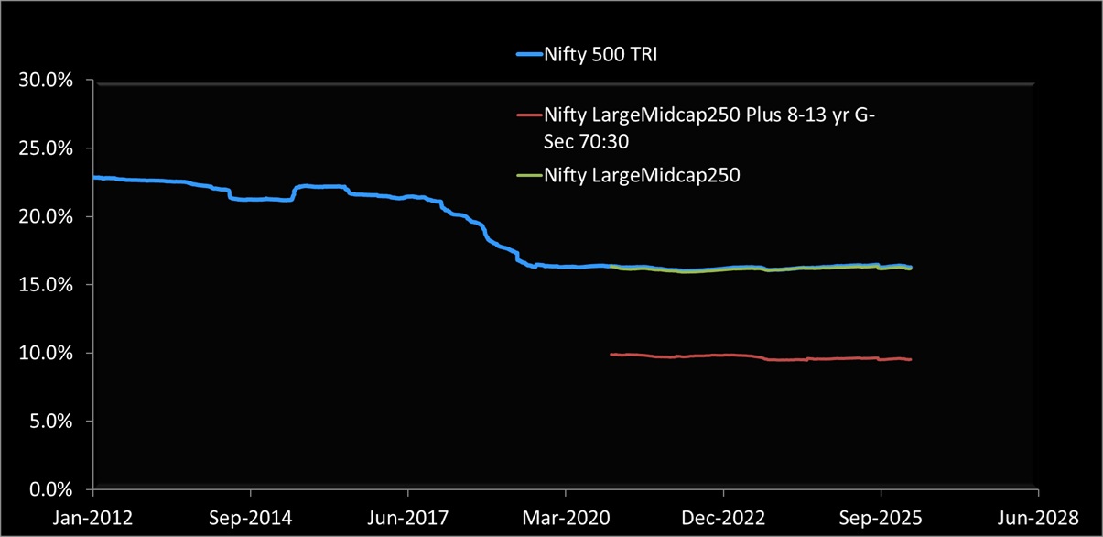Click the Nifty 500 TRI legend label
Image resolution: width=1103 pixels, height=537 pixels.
[x=600, y=55]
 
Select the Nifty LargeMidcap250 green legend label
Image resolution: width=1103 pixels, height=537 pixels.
[x=642, y=175]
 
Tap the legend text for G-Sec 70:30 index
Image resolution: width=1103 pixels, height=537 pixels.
[x=709, y=127]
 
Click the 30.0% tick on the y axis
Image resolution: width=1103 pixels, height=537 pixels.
[x=46, y=81]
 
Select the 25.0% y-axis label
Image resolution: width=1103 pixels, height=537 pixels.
[x=46, y=148]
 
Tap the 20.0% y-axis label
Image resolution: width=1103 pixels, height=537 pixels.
[x=46, y=217]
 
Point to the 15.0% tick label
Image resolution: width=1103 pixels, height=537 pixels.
[x=46, y=285]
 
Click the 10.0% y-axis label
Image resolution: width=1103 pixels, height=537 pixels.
[x=46, y=354]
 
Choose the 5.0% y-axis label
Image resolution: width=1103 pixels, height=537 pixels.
[x=49, y=422]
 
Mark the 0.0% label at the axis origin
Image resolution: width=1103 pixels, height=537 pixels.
[x=49, y=489]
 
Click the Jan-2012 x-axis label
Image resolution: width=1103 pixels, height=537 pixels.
[x=93, y=518]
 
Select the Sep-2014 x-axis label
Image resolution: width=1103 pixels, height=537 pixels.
[x=251, y=518]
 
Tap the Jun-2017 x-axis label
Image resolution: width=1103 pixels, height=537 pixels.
[x=408, y=518]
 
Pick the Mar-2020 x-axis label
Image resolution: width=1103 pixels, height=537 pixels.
[x=566, y=518]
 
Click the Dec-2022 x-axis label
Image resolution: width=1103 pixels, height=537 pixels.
[x=723, y=518]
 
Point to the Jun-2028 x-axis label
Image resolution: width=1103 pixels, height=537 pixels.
[x=1038, y=518]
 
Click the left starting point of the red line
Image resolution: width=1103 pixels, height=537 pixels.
[x=611, y=354]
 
